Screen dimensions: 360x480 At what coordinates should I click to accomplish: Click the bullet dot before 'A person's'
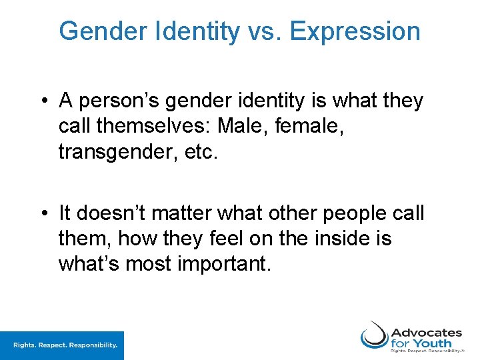click(43, 102)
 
